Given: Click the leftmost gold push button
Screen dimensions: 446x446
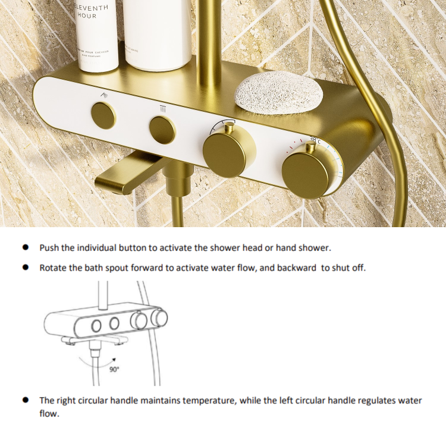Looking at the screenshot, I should (104, 115).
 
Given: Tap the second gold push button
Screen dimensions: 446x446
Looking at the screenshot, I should (162, 128).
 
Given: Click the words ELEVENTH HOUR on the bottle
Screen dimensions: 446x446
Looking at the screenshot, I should (92, 11).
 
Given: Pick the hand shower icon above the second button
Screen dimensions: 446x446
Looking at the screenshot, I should (162, 108).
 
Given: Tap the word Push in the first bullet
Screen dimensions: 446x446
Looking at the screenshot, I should (49, 247).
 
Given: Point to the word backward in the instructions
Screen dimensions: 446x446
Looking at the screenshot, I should (297, 268).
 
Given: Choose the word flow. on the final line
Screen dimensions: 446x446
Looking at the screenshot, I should (49, 413).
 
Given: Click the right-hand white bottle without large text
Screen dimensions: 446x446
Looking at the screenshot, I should (158, 33).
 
